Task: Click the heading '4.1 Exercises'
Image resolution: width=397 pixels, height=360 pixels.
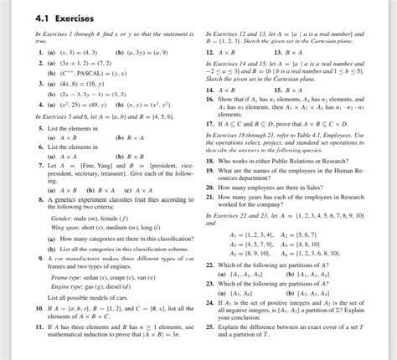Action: (47, 18)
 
